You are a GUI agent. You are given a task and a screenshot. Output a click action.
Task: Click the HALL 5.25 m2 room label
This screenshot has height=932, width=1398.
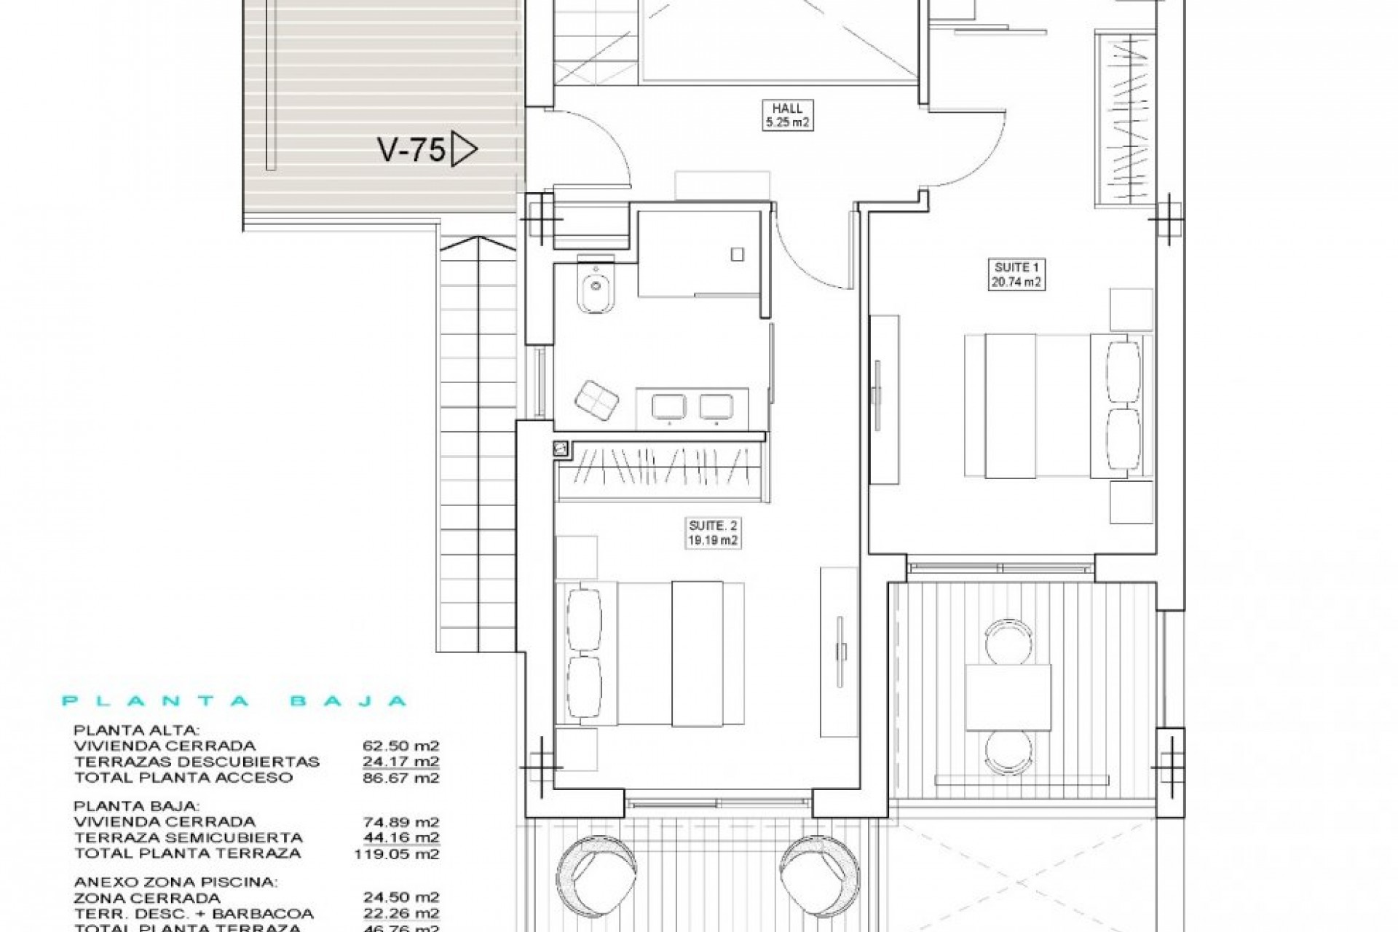(787, 115)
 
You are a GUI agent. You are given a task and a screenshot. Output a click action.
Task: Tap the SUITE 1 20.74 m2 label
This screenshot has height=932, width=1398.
(1017, 275)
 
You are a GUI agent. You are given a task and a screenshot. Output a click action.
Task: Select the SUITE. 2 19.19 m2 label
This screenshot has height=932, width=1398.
(714, 532)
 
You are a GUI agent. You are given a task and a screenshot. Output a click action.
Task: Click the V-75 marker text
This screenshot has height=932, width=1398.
(411, 151)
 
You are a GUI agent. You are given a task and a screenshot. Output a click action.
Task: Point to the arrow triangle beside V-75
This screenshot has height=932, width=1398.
(463, 150)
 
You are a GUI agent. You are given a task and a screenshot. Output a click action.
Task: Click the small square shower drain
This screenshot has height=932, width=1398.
(738, 254)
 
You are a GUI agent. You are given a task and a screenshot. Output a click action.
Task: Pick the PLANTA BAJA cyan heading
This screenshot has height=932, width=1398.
(234, 701)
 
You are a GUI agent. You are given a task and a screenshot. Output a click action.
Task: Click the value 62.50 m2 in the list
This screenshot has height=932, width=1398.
(400, 746)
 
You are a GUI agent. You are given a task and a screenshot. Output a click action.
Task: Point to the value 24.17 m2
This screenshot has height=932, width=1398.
(400, 762)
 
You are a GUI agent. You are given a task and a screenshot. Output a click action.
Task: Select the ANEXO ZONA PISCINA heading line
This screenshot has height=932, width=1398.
(175, 882)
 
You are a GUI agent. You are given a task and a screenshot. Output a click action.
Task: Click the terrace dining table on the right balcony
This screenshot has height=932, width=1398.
(1008, 697)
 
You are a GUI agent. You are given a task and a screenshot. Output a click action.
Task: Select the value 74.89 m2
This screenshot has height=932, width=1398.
(400, 821)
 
